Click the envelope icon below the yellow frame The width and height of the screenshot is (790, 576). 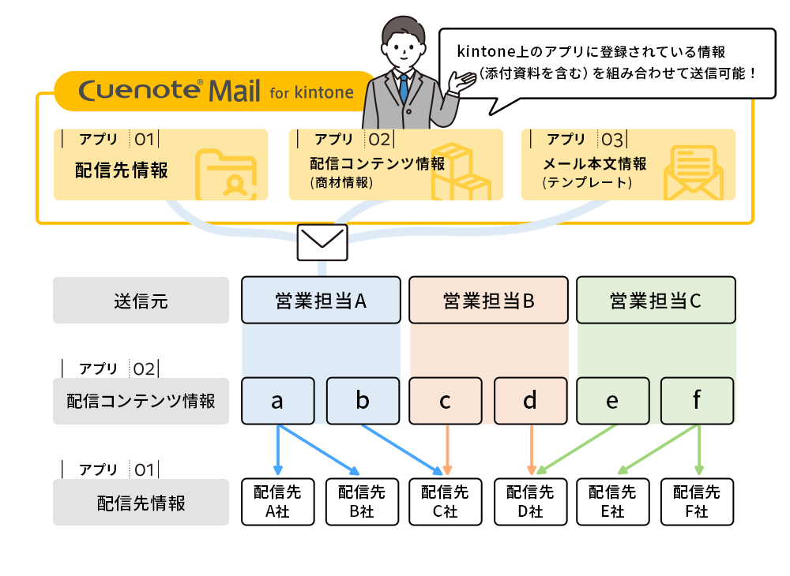click(x=322, y=242)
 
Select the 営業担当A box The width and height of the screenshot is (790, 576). click(x=321, y=300)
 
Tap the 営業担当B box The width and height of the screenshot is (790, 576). click(x=488, y=300)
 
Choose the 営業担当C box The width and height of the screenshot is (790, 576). click(x=656, y=300)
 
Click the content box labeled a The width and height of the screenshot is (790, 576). click(x=277, y=401)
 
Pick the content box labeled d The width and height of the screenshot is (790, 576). click(x=530, y=401)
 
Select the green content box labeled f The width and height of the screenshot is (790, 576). click(x=697, y=401)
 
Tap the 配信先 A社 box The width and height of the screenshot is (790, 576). click(x=277, y=502)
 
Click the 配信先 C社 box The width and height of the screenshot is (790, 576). click(x=446, y=502)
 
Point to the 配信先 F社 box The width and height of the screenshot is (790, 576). click(x=697, y=502)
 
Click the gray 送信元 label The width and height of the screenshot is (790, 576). click(x=141, y=301)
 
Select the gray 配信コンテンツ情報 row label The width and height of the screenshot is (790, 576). click(x=141, y=401)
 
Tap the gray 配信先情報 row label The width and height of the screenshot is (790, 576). click(x=141, y=503)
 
